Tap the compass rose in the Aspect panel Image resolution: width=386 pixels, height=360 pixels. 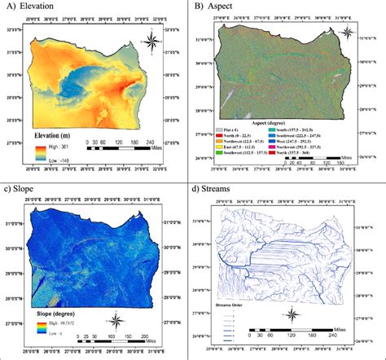347,33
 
